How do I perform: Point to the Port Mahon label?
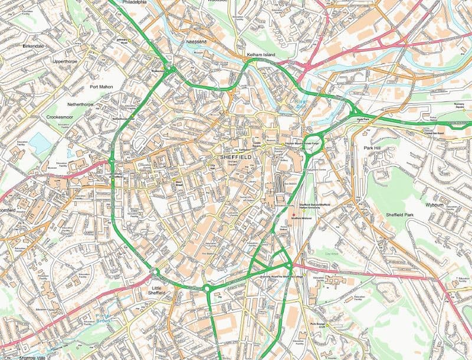[101, 87]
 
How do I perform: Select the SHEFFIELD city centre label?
[235, 158]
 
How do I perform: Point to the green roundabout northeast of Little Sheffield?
[207, 289]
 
